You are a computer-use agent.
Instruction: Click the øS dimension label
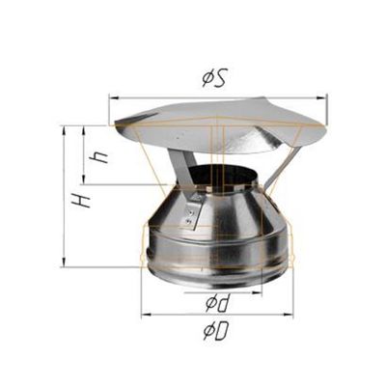click(214, 80)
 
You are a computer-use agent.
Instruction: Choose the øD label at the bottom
click(215, 331)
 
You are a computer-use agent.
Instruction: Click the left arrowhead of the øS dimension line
click(112, 96)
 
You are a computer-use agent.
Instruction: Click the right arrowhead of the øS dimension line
click(325, 96)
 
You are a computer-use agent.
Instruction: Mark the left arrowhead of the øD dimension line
click(143, 315)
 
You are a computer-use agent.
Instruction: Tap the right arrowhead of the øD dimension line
click(290, 315)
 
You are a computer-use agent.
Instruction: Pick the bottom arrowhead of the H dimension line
click(65, 265)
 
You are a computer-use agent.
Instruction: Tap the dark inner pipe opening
click(221, 177)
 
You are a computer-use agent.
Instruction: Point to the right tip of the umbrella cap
click(325, 125)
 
